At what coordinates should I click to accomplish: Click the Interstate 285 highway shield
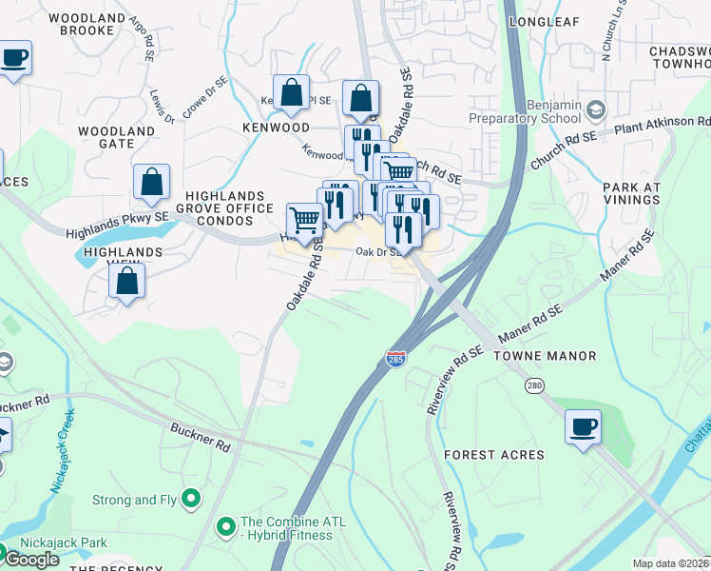[395, 360]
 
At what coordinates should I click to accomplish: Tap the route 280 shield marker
[534, 384]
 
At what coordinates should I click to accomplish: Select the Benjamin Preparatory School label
[525, 110]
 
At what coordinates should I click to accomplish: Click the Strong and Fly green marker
[191, 497]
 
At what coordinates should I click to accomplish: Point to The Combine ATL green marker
[226, 525]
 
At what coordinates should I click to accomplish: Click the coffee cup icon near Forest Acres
[583, 426]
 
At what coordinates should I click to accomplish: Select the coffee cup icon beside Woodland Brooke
[14, 58]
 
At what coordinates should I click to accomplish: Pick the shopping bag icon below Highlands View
[127, 282]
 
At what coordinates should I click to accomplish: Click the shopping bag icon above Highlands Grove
[151, 181]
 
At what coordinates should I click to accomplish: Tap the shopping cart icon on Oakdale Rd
[304, 220]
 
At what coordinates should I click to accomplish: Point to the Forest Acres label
[494, 455]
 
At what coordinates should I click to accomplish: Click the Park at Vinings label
[630, 193]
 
